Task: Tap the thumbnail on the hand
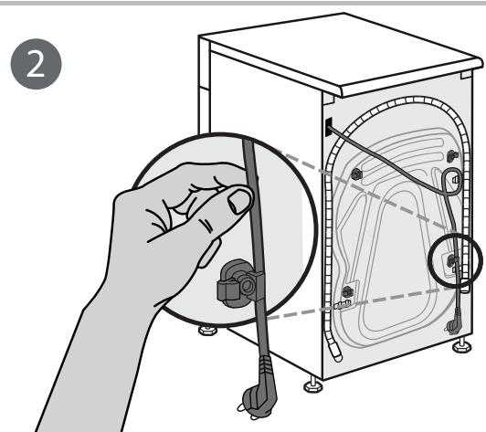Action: tap(240, 200)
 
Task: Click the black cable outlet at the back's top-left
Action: tap(325, 124)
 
